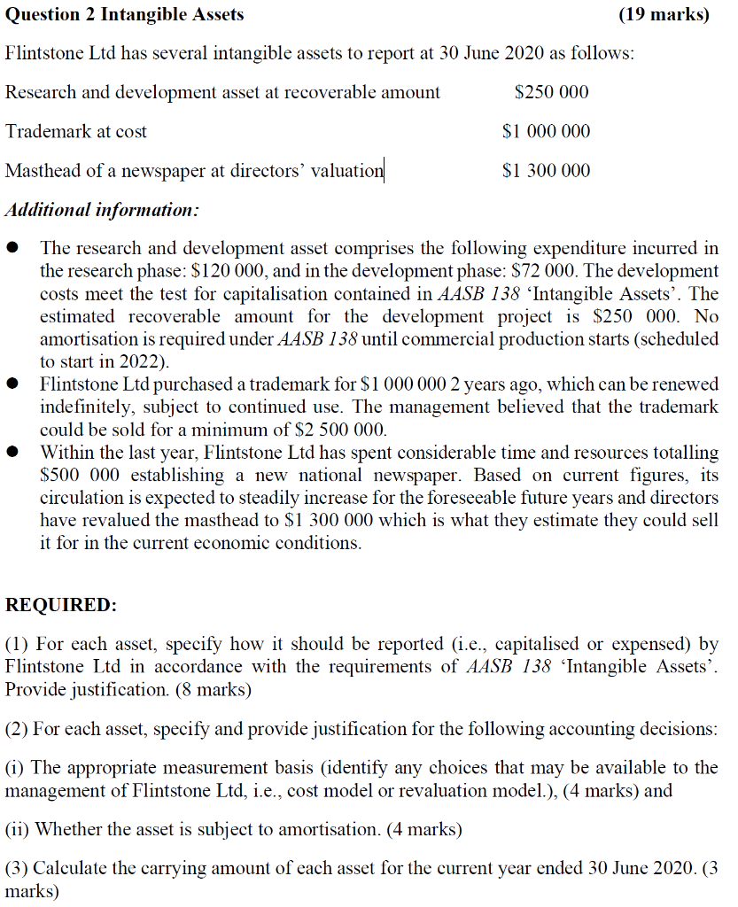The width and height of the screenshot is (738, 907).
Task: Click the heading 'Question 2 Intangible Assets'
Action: click(x=125, y=14)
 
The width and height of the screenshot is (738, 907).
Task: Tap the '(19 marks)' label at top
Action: click(x=664, y=14)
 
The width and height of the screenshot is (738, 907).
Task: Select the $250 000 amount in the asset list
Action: click(x=551, y=92)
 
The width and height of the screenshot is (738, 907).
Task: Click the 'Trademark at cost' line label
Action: click(x=76, y=131)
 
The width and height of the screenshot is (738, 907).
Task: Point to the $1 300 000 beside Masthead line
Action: click(x=546, y=170)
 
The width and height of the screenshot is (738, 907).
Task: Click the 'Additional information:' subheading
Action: click(x=102, y=211)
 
